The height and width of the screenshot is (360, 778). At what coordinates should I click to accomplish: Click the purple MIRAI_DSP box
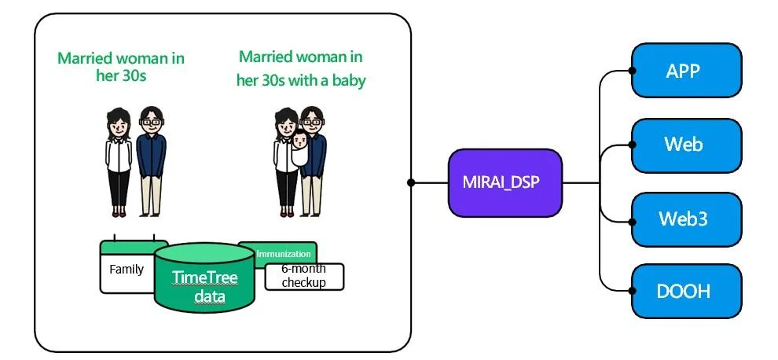(505, 182)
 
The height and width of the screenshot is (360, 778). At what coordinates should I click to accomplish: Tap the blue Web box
(686, 145)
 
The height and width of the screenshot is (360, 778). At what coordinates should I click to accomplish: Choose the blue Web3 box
(686, 219)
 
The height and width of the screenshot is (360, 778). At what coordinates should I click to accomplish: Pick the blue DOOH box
(686, 292)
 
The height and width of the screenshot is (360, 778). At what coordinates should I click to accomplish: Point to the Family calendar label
(127, 270)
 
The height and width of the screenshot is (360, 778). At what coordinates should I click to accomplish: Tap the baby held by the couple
(301, 149)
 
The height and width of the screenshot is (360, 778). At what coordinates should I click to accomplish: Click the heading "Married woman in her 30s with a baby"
(301, 68)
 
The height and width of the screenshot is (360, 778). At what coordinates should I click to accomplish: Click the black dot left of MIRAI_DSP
(411, 182)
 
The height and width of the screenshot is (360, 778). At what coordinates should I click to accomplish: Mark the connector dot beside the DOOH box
(633, 292)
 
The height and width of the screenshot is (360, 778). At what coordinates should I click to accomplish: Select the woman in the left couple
(119, 161)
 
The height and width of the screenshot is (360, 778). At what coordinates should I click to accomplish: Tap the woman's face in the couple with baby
(287, 123)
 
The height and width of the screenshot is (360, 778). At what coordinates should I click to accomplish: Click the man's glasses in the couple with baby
(313, 121)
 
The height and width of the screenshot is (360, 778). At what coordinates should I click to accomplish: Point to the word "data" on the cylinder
(209, 296)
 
